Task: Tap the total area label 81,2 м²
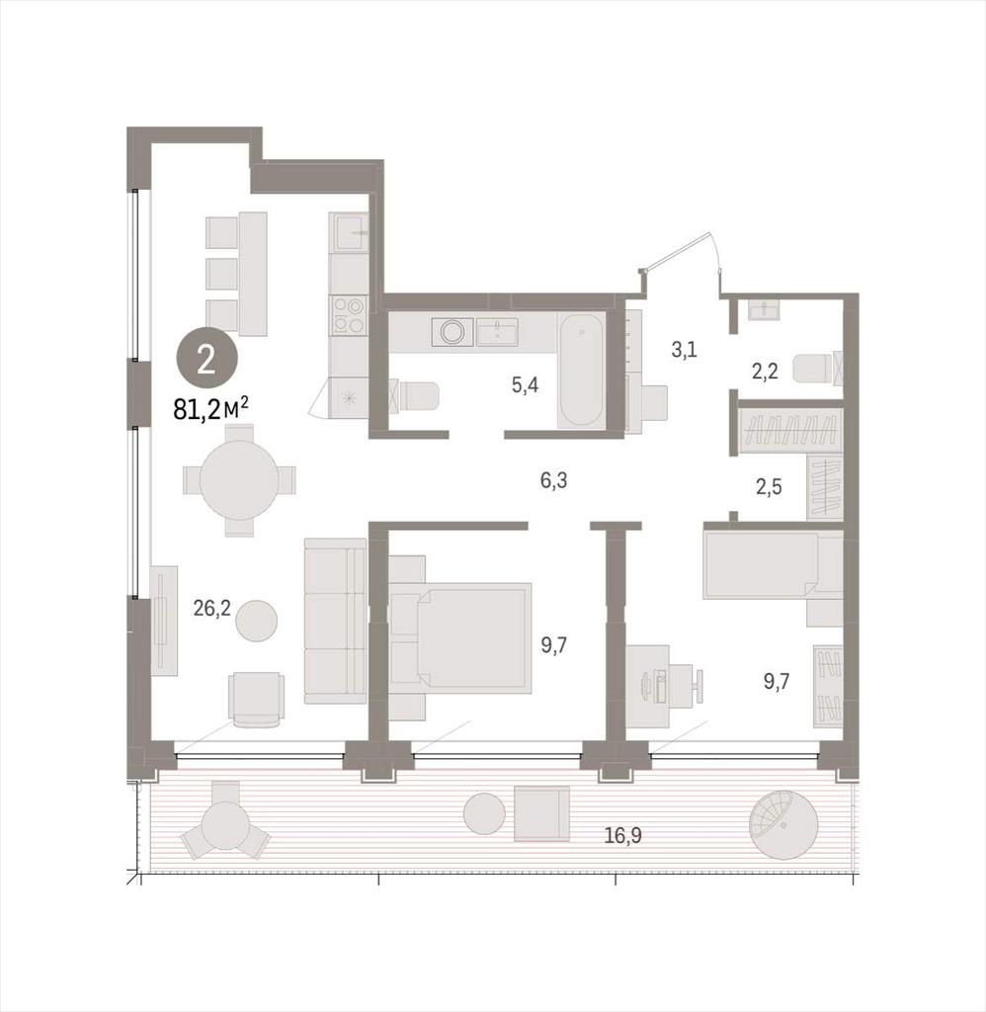pyautogui.click(x=211, y=408)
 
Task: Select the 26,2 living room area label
pyautogui.click(x=211, y=608)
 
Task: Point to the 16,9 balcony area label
pyautogui.click(x=623, y=836)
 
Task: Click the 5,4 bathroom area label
pyautogui.click(x=525, y=385)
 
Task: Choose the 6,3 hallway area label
pyautogui.click(x=553, y=480)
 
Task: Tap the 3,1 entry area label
pyautogui.click(x=684, y=350)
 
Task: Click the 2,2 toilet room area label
pyautogui.click(x=765, y=372)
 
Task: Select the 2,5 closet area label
pyautogui.click(x=769, y=486)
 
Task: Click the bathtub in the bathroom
pyautogui.click(x=581, y=370)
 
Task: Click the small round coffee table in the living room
pyautogui.click(x=256, y=621)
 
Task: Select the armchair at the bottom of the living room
pyautogui.click(x=257, y=700)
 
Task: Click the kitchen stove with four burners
pyautogui.click(x=349, y=315)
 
